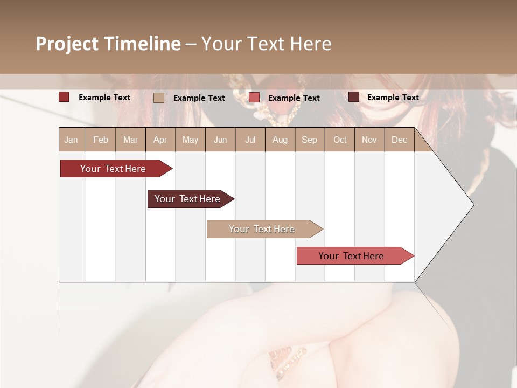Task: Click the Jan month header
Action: tap(71, 140)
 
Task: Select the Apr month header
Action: tap(160, 140)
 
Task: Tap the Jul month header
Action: tap(250, 140)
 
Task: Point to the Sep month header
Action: tap(309, 140)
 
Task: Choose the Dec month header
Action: tap(399, 140)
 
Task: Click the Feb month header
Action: tap(101, 140)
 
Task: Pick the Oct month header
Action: tap(340, 140)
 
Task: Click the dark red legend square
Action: tap(64, 97)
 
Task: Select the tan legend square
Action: tap(159, 98)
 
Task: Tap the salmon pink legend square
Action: tap(254, 98)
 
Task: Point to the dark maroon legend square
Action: tap(354, 97)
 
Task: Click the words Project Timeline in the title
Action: tap(108, 44)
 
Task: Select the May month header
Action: tap(190, 140)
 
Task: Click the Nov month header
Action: tap(369, 140)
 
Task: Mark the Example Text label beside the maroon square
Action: tap(393, 98)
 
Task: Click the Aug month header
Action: tap(280, 140)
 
